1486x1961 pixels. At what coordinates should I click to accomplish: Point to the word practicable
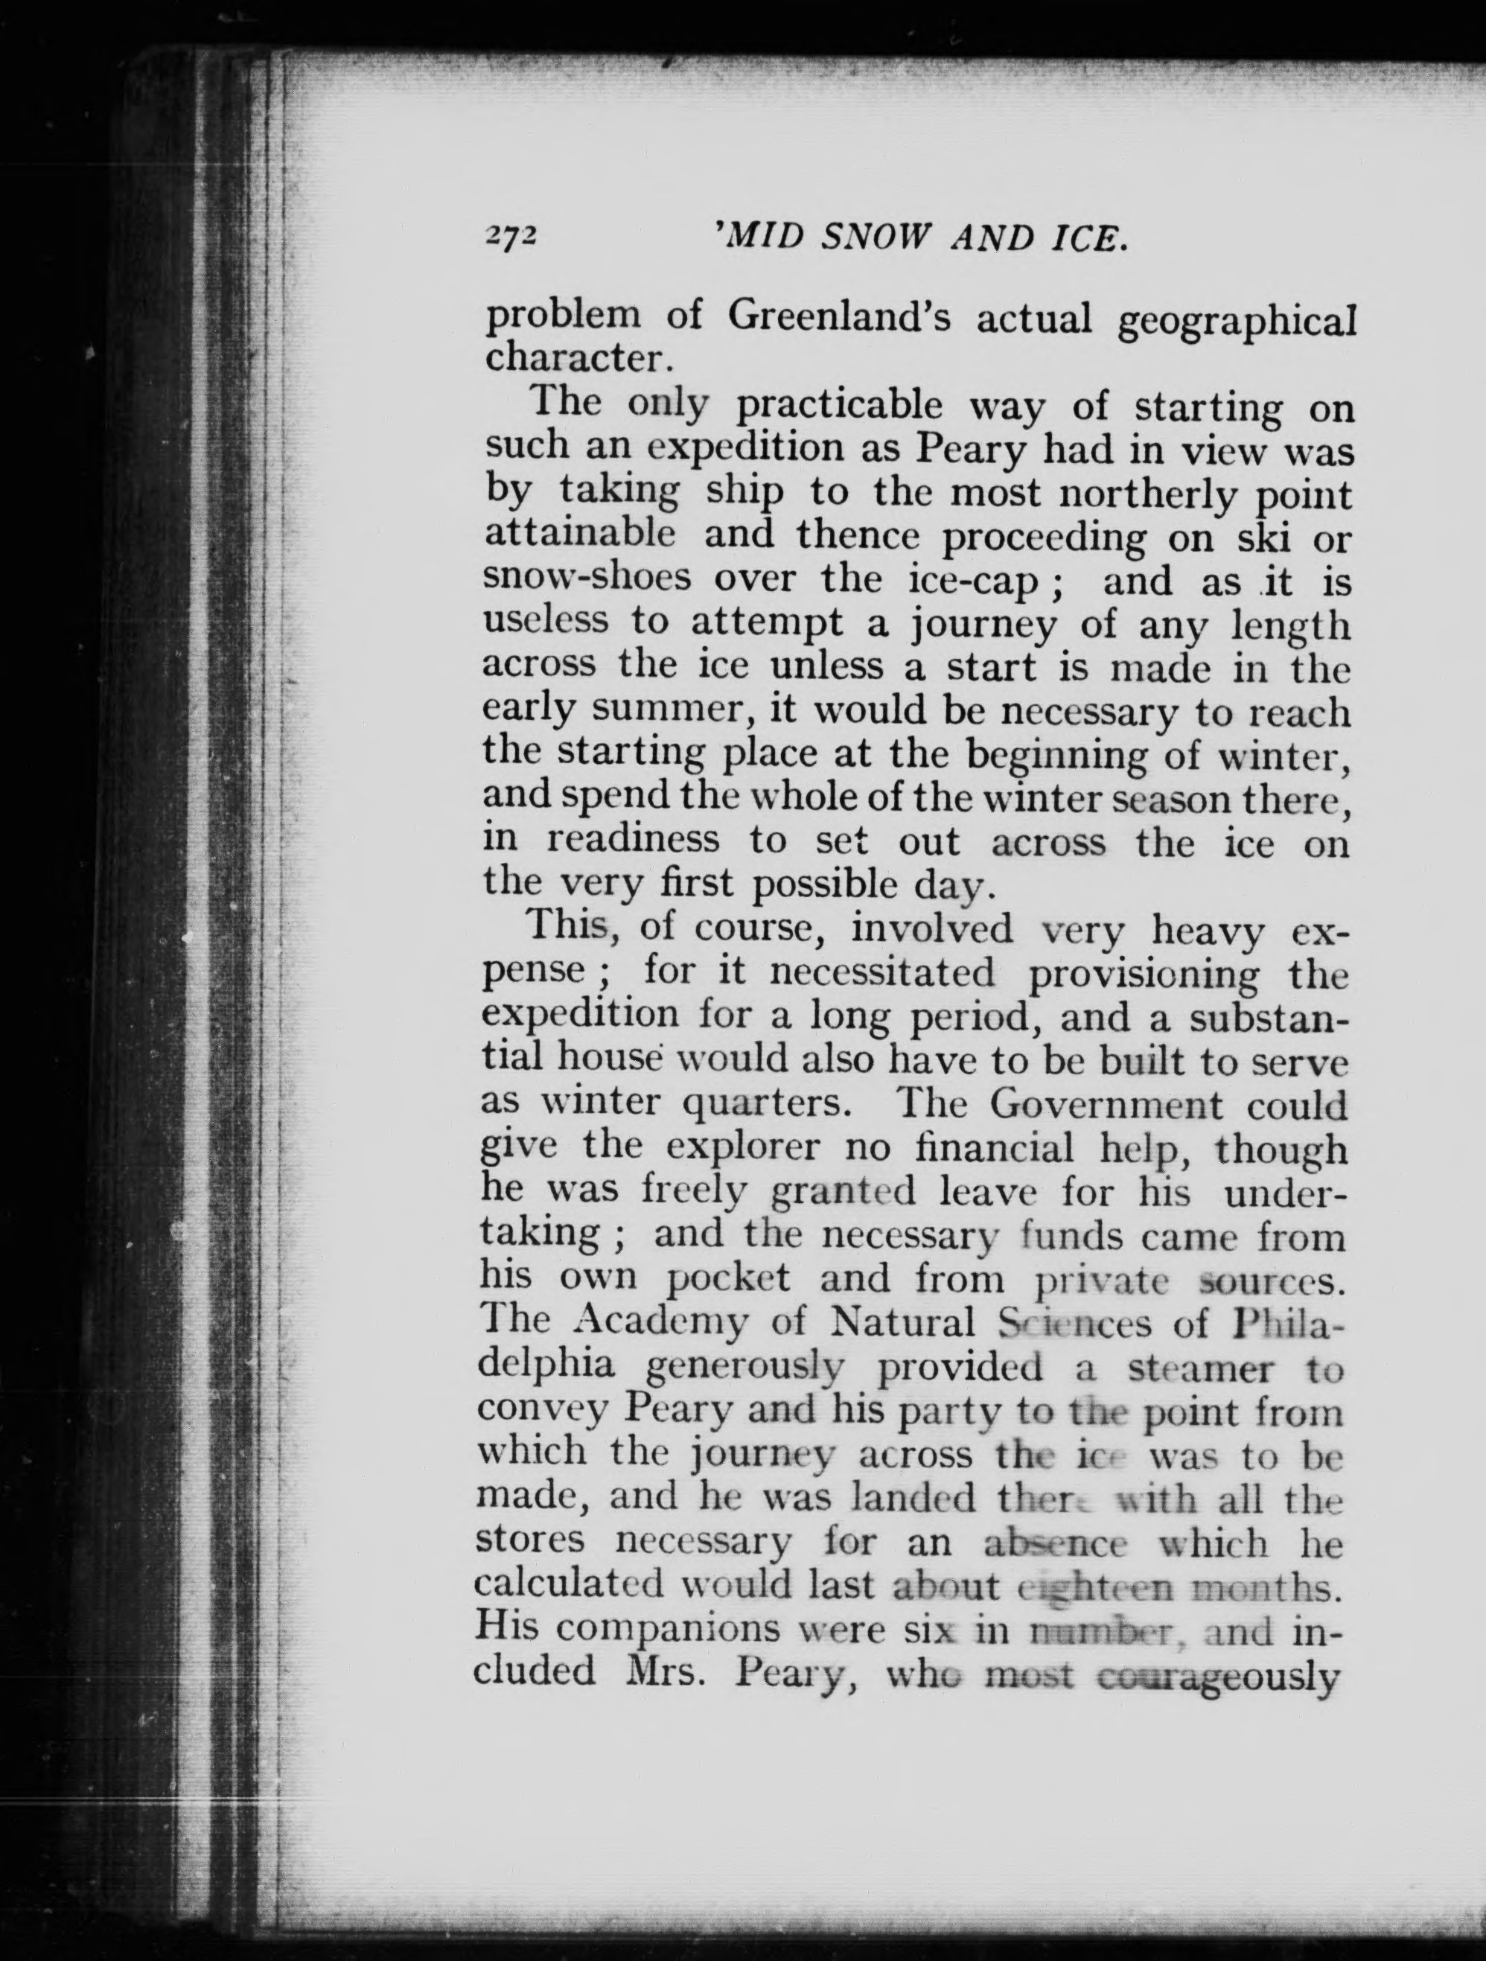click(x=841, y=408)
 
